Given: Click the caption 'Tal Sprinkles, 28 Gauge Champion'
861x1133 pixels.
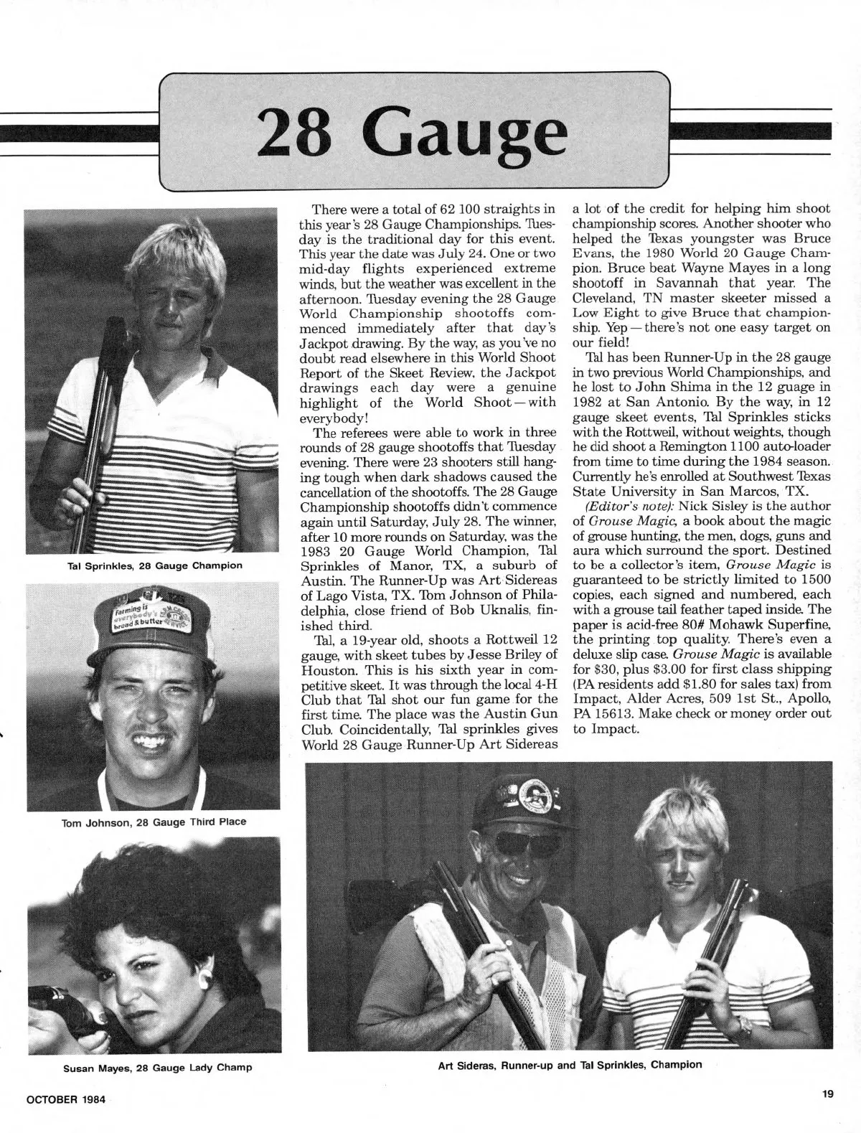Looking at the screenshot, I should [x=154, y=565].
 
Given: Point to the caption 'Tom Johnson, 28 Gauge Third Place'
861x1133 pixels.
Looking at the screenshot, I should [x=154, y=822].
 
